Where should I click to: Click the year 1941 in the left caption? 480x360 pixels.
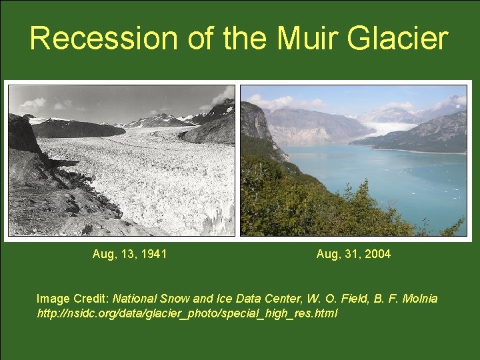(x=154, y=254)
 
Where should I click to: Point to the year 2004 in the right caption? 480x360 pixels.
(x=378, y=254)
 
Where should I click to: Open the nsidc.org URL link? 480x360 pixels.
(x=187, y=313)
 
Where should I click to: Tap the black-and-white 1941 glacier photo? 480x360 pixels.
(x=121, y=160)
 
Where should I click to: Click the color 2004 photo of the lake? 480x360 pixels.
(x=353, y=160)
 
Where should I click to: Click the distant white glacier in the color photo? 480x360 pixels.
(x=393, y=127)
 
